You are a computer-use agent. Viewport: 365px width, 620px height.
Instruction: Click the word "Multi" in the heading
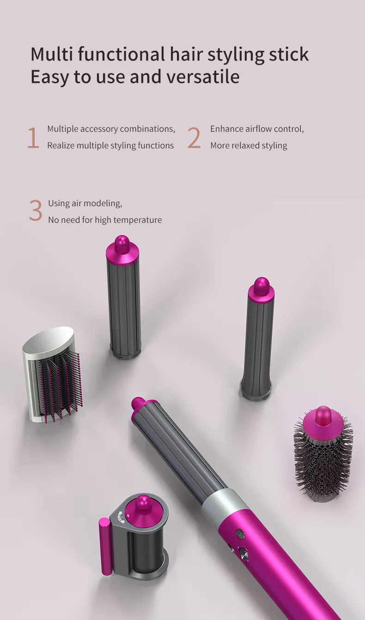(x=52, y=54)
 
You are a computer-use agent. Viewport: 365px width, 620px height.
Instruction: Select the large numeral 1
(x=33, y=138)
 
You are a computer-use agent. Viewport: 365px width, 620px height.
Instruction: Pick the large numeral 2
(x=194, y=138)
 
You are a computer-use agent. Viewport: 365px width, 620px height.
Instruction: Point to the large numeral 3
(x=36, y=211)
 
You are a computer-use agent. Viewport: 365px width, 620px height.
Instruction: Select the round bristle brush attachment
(x=323, y=454)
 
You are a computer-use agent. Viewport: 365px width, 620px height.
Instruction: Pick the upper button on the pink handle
(x=240, y=534)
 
